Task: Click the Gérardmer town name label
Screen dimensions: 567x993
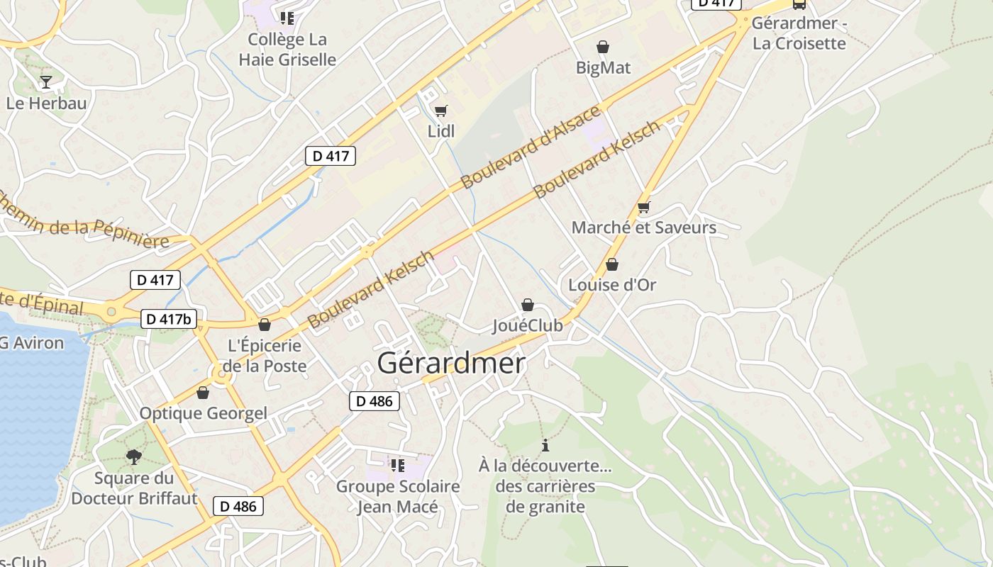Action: click(451, 363)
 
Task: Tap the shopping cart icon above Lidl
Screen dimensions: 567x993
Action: click(440, 111)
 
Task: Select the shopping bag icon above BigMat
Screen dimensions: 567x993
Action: click(603, 47)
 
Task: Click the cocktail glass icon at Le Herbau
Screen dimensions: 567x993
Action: click(46, 82)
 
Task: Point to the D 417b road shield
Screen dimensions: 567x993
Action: click(169, 319)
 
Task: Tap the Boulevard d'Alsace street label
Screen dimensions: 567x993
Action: click(531, 147)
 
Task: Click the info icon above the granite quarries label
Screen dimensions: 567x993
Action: click(545, 445)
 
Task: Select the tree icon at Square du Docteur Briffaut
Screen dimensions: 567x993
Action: click(133, 457)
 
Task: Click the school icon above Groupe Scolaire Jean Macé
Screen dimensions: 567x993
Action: click(397, 466)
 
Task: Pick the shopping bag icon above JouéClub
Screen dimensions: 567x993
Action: click(528, 305)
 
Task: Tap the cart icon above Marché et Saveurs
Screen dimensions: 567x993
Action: click(643, 207)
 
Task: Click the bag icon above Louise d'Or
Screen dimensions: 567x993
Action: click(612, 264)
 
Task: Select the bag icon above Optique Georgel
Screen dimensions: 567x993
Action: click(203, 393)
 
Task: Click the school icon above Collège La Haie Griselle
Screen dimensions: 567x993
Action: click(287, 18)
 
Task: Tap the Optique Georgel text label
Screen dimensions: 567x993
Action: click(203, 413)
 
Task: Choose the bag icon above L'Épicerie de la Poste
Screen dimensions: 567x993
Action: click(265, 325)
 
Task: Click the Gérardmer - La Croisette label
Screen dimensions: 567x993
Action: click(799, 33)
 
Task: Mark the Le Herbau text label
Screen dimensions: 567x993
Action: click(46, 103)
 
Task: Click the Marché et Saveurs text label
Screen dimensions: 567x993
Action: click(643, 228)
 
